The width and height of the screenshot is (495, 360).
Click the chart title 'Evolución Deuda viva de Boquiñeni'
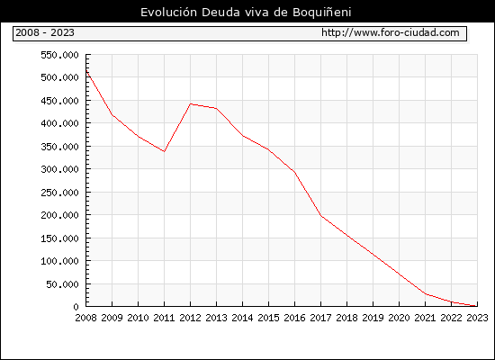pyautogui.click(x=246, y=13)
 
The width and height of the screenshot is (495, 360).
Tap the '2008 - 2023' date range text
pyautogui.click(x=45, y=32)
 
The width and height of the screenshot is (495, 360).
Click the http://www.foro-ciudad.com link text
pyautogui.click(x=391, y=32)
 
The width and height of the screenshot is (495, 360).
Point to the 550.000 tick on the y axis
pyautogui.click(x=59, y=55)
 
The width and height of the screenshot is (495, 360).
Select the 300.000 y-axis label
pyautogui.click(x=59, y=169)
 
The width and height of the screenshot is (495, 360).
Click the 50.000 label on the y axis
pyautogui.click(x=62, y=284)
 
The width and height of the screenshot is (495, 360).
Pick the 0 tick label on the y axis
pyautogui.click(x=76, y=307)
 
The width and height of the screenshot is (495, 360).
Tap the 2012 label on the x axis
pyautogui.click(x=191, y=318)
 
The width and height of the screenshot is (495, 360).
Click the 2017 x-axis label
pyautogui.click(x=320, y=318)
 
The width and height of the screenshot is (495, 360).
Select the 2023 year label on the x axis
pyautogui.click(x=477, y=318)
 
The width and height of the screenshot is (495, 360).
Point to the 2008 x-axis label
pyautogui.click(x=85, y=318)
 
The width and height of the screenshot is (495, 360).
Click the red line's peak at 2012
pyautogui.click(x=191, y=103)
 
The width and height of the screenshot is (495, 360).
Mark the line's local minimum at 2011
pyautogui.click(x=164, y=151)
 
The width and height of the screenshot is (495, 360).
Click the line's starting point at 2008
pyautogui.click(x=86, y=70)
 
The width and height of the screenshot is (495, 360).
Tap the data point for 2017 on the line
pyautogui.click(x=321, y=216)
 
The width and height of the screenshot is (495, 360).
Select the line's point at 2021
pyautogui.click(x=425, y=294)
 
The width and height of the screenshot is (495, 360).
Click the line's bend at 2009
pyautogui.click(x=112, y=114)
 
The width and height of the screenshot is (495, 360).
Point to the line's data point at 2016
pyautogui.click(x=295, y=173)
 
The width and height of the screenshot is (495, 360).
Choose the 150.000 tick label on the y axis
pyautogui.click(x=59, y=238)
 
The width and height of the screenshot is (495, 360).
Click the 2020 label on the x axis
pyautogui.click(x=399, y=318)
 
